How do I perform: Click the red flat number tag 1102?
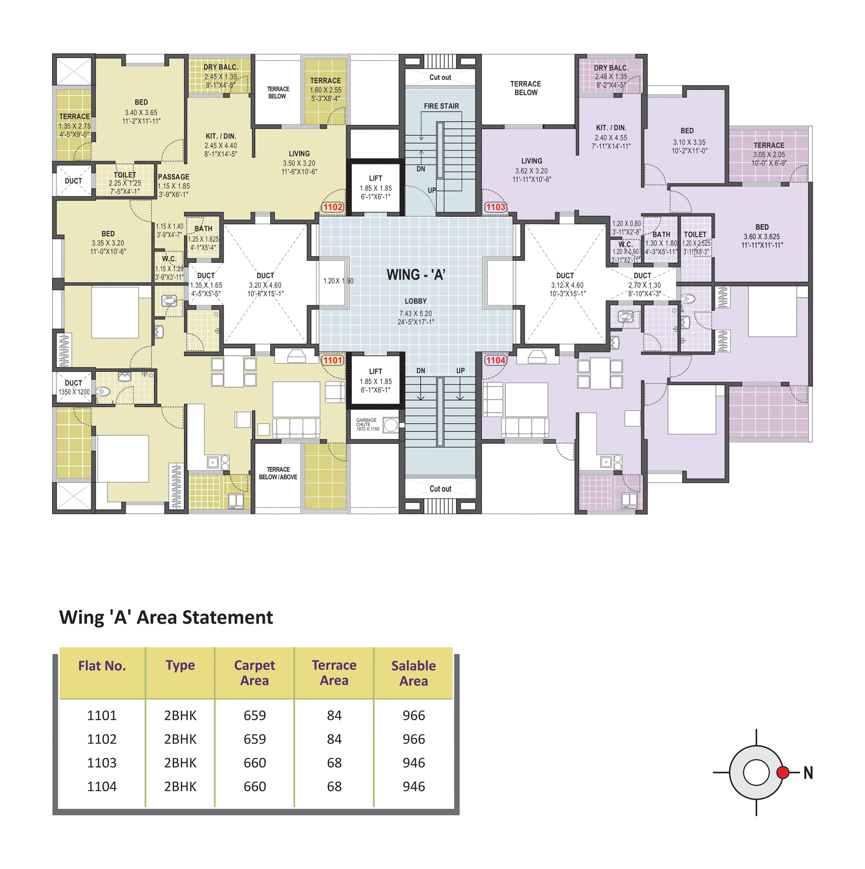333,207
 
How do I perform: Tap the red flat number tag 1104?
495,360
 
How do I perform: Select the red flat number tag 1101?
333,360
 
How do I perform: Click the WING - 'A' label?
416,274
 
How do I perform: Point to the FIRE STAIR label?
441,106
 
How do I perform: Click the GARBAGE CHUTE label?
366,422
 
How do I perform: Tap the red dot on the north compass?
783,772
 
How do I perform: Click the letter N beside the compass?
808,773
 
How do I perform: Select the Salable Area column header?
413,673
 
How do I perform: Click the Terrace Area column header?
334,673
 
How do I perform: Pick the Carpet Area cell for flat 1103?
255,763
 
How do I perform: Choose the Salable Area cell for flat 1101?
413,715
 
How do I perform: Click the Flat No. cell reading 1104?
102,786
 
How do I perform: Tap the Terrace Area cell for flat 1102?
334,739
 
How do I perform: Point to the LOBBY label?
416,301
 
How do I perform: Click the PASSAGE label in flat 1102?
173,177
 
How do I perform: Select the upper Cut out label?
440,77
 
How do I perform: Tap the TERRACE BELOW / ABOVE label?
278,473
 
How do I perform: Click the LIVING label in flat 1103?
532,160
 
